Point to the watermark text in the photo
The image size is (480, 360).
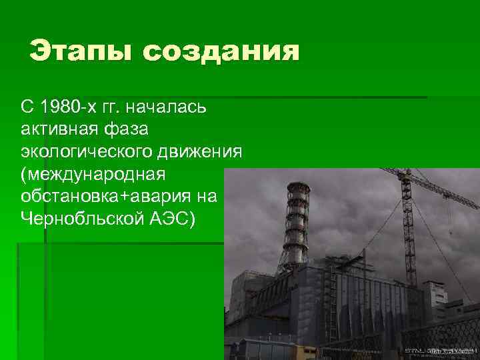click(x=439, y=350)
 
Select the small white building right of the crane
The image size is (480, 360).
click(x=437, y=293)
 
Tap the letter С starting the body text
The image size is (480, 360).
click(x=26, y=107)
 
